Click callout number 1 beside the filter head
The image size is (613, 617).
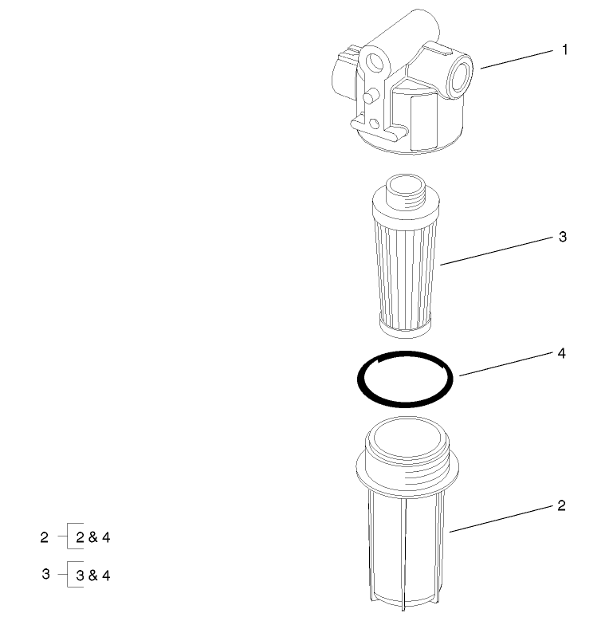point(564,50)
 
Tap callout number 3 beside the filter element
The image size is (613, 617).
point(562,238)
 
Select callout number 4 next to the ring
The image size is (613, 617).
point(561,352)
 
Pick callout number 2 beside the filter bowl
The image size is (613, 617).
point(561,505)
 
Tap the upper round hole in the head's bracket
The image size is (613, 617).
point(374,63)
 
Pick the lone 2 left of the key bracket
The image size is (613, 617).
point(45,537)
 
